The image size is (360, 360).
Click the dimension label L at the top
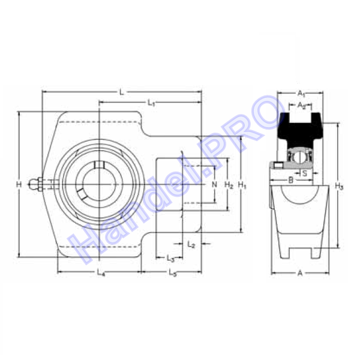122,92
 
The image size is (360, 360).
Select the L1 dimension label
151,103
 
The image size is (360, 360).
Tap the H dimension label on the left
19,184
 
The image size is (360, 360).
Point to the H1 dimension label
242,185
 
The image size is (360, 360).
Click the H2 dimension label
229,185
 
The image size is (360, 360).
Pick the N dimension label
214,184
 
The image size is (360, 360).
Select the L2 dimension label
191,244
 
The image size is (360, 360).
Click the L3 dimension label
170,259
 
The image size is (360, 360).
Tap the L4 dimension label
101,272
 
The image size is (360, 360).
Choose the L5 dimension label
173,272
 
